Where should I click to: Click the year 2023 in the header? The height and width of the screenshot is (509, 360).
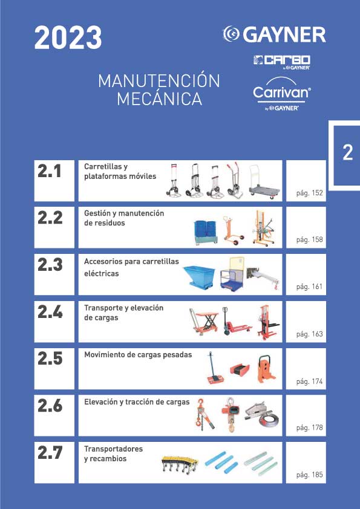tap(68, 38)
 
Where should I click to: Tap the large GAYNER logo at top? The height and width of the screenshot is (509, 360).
tap(274, 34)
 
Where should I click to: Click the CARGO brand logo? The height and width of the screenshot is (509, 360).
tap(282, 62)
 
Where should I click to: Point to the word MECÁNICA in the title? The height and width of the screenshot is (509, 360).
tap(159, 99)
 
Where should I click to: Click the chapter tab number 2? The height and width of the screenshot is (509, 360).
tap(348, 152)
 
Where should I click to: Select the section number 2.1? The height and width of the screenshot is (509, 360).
tap(50, 170)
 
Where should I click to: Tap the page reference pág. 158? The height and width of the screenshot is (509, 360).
tap(309, 240)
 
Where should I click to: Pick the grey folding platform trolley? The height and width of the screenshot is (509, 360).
tap(264, 182)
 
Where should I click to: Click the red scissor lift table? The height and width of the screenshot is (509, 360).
tap(205, 322)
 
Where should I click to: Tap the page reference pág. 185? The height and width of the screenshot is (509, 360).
tap(309, 475)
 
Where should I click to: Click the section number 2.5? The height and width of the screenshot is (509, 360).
tap(50, 358)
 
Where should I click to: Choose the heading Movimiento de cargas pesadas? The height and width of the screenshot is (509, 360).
tap(138, 355)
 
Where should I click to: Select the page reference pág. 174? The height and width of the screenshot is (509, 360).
tap(309, 381)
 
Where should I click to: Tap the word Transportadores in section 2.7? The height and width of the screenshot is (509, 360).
tap(113, 449)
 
